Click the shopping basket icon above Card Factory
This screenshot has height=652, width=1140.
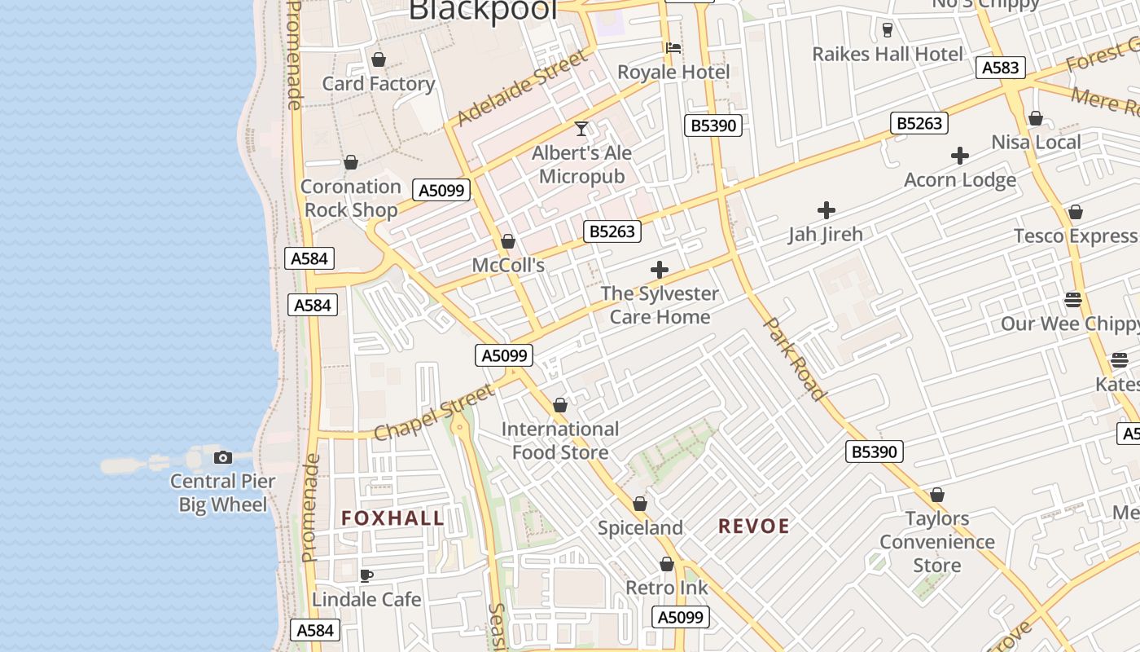pos(378,59)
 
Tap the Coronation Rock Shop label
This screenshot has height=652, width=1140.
pos(351,198)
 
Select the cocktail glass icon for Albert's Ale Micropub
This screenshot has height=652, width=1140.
pos(581,129)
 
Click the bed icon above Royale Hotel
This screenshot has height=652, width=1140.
pos(673,48)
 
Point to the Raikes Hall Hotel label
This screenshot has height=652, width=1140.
pos(888,55)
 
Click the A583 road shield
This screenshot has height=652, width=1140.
pos(1000,68)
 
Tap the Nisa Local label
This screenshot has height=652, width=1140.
pos(1036,143)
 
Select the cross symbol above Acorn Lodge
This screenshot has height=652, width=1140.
pos(960,155)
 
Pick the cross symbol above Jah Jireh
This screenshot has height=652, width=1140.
pos(826,210)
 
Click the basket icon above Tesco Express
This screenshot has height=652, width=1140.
pos(1075,213)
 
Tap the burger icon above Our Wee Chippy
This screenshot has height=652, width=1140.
pos(1073,300)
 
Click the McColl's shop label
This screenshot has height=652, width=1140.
pos(508,266)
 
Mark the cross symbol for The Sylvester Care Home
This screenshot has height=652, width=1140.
pos(660,270)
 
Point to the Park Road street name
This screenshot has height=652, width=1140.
pos(795,359)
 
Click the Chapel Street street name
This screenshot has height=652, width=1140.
pos(434,412)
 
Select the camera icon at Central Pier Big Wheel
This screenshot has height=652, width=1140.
pos(223,457)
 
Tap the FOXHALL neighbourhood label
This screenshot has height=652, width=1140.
pos(392,518)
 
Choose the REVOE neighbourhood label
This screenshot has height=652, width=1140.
pos(754,526)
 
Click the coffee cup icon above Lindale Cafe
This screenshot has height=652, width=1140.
pos(366,575)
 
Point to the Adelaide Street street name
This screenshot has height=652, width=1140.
pos(521,88)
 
